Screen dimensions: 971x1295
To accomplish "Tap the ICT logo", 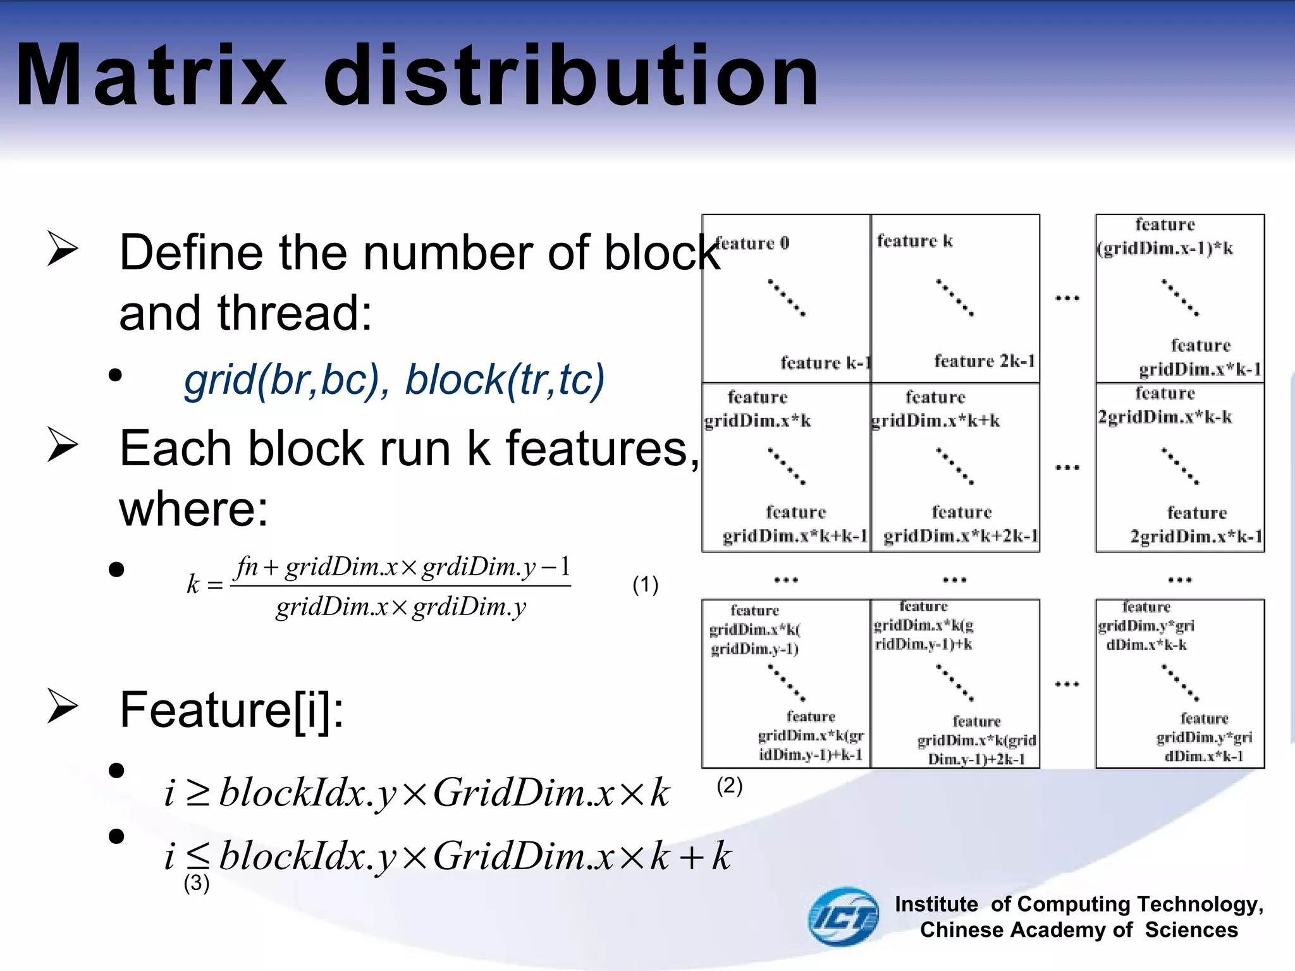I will pos(843,916).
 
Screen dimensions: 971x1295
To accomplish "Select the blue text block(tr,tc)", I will pos(505,380).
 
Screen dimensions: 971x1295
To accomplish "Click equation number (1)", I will pos(645,584).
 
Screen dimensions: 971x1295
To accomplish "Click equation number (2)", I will pos(729,785).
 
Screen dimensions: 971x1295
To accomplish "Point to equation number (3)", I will pos(196,882).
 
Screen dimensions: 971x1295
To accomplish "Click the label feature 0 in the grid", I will pos(752,243).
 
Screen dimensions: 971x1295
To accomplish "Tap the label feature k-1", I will pos(825,363).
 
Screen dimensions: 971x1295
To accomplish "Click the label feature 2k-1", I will pos(984,361).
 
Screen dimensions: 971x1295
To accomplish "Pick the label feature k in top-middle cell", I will pos(914,241).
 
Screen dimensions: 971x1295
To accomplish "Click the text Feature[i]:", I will pos(231,710).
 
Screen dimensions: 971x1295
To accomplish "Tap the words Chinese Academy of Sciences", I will pos(1078,930).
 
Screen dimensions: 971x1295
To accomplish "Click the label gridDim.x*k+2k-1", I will pos(961,536).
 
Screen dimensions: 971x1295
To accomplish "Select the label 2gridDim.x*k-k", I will pos(1164,417).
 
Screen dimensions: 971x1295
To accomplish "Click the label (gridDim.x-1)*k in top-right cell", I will pos(1164,248).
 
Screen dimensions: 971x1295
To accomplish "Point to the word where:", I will pos(193,509).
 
